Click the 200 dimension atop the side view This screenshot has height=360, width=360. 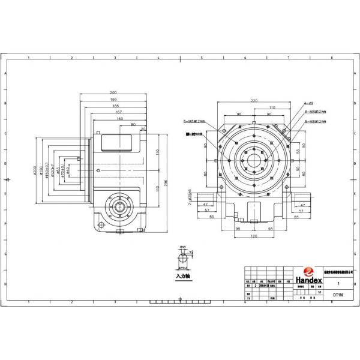coord(113,92)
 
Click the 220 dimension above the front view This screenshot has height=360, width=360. coord(254,100)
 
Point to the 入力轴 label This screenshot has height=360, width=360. coord(182,278)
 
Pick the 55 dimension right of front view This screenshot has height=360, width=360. coord(300,152)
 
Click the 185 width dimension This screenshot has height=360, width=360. coord(113,106)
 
